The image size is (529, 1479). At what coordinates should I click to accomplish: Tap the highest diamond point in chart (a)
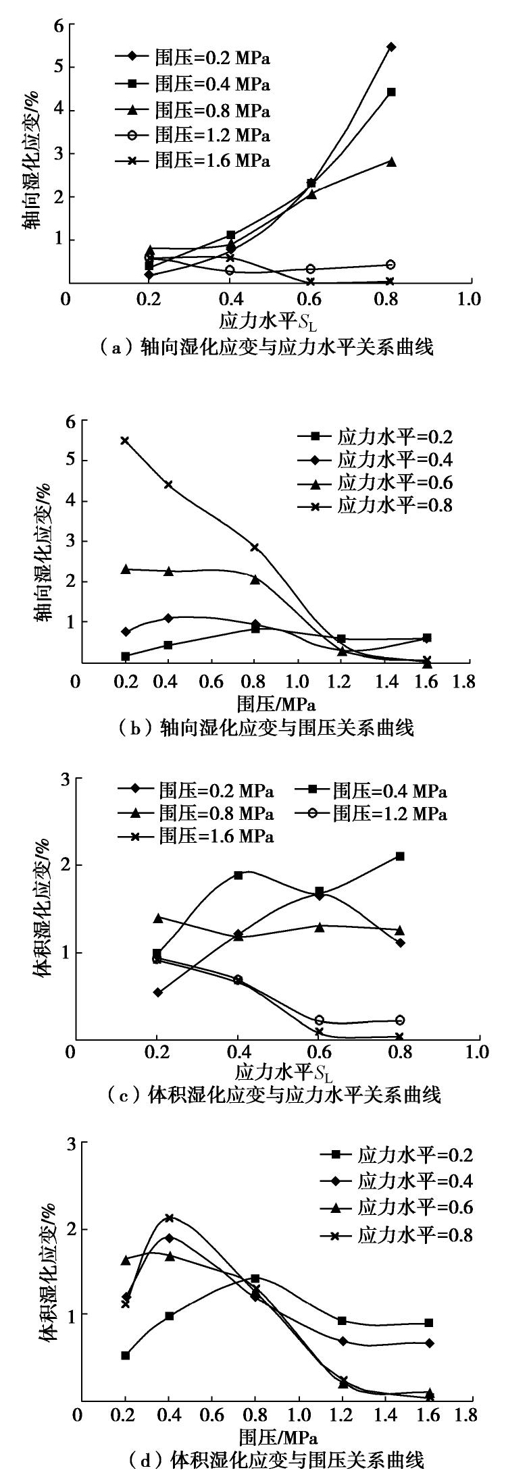391,47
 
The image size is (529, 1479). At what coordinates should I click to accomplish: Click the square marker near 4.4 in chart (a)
391,92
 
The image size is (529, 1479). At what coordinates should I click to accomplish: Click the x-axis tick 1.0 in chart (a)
470,299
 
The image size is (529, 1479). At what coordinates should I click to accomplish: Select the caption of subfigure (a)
264,347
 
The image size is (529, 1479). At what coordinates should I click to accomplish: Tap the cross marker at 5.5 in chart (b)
124,440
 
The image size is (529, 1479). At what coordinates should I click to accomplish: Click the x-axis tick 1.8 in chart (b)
464,681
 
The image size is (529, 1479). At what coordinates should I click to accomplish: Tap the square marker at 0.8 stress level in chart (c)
400,856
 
